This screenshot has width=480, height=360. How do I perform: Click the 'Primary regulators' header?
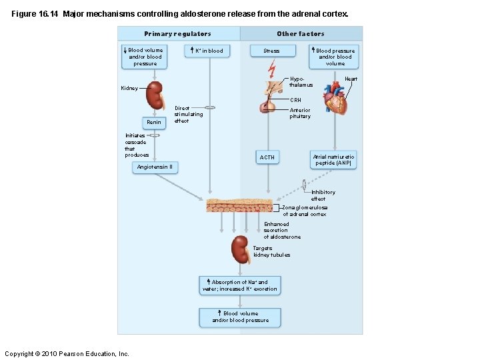177,34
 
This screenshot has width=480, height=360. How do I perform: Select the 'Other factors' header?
301,34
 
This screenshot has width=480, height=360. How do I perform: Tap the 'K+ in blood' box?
207,51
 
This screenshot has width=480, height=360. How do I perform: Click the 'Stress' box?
271,51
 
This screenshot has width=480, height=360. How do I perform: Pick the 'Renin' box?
154,123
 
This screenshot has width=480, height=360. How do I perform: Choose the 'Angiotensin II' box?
155,167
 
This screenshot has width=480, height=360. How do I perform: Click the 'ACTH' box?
267,157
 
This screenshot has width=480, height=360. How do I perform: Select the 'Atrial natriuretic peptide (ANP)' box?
334,160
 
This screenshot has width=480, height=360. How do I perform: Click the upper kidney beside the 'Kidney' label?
155,95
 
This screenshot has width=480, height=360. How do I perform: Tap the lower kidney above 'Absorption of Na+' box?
241,250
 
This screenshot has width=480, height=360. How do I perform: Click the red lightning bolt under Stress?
271,69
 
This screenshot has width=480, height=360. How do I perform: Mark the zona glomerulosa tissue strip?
239,205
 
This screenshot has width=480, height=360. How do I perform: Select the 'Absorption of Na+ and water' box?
240,285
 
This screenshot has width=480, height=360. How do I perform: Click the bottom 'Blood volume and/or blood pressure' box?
240,317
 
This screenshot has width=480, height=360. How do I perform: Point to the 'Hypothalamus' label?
301,82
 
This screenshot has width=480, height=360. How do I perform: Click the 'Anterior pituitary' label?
300,113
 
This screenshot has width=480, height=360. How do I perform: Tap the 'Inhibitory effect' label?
323,195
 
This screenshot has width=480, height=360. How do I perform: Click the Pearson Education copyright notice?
67,353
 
